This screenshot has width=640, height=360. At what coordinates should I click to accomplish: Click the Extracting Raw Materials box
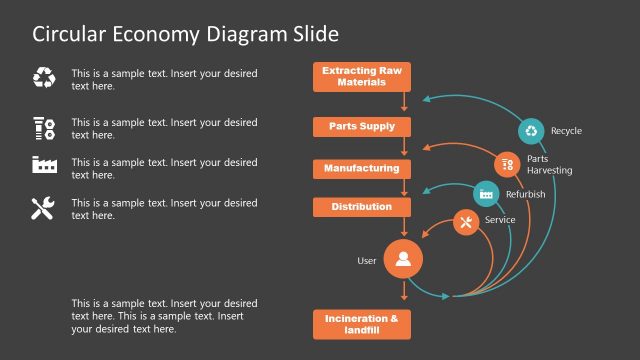362,77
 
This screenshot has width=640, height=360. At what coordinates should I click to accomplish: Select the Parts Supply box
362,127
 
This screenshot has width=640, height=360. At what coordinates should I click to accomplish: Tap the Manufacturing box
362,169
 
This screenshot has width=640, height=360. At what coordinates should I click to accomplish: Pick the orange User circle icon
403,261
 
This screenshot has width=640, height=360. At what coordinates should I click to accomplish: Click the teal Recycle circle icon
531,131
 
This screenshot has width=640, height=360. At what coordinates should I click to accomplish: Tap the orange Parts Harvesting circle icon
508,163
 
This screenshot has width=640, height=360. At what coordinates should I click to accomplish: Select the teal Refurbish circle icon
486,194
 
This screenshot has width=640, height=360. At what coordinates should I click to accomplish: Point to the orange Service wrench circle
466,222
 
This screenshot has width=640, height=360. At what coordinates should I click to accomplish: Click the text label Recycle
566,131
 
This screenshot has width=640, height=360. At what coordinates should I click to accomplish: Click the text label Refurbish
525,194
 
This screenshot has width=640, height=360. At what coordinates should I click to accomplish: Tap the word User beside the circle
367,261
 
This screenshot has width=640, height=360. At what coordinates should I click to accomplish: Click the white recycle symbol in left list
44,78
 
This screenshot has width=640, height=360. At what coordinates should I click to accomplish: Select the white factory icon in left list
44,165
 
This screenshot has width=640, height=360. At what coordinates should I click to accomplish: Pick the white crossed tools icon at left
43,208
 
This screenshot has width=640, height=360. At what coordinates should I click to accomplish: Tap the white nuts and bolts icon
44,127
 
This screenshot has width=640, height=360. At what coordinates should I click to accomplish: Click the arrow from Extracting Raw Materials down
404,102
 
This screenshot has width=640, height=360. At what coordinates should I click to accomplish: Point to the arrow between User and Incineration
404,292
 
